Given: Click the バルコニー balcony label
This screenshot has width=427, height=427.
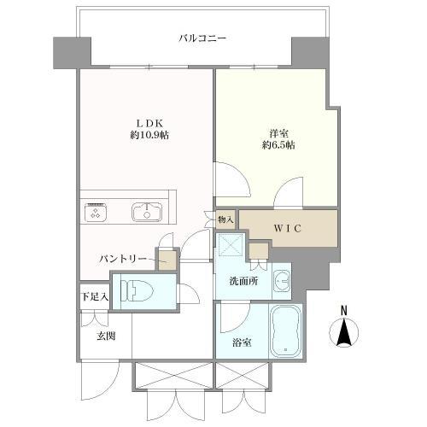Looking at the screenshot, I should pos(202,38).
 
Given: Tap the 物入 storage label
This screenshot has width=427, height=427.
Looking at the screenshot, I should pos(226,219).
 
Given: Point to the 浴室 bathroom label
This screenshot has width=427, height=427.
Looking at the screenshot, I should pos(242,343).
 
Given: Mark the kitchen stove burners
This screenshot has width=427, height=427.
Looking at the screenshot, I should pos(94,211).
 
